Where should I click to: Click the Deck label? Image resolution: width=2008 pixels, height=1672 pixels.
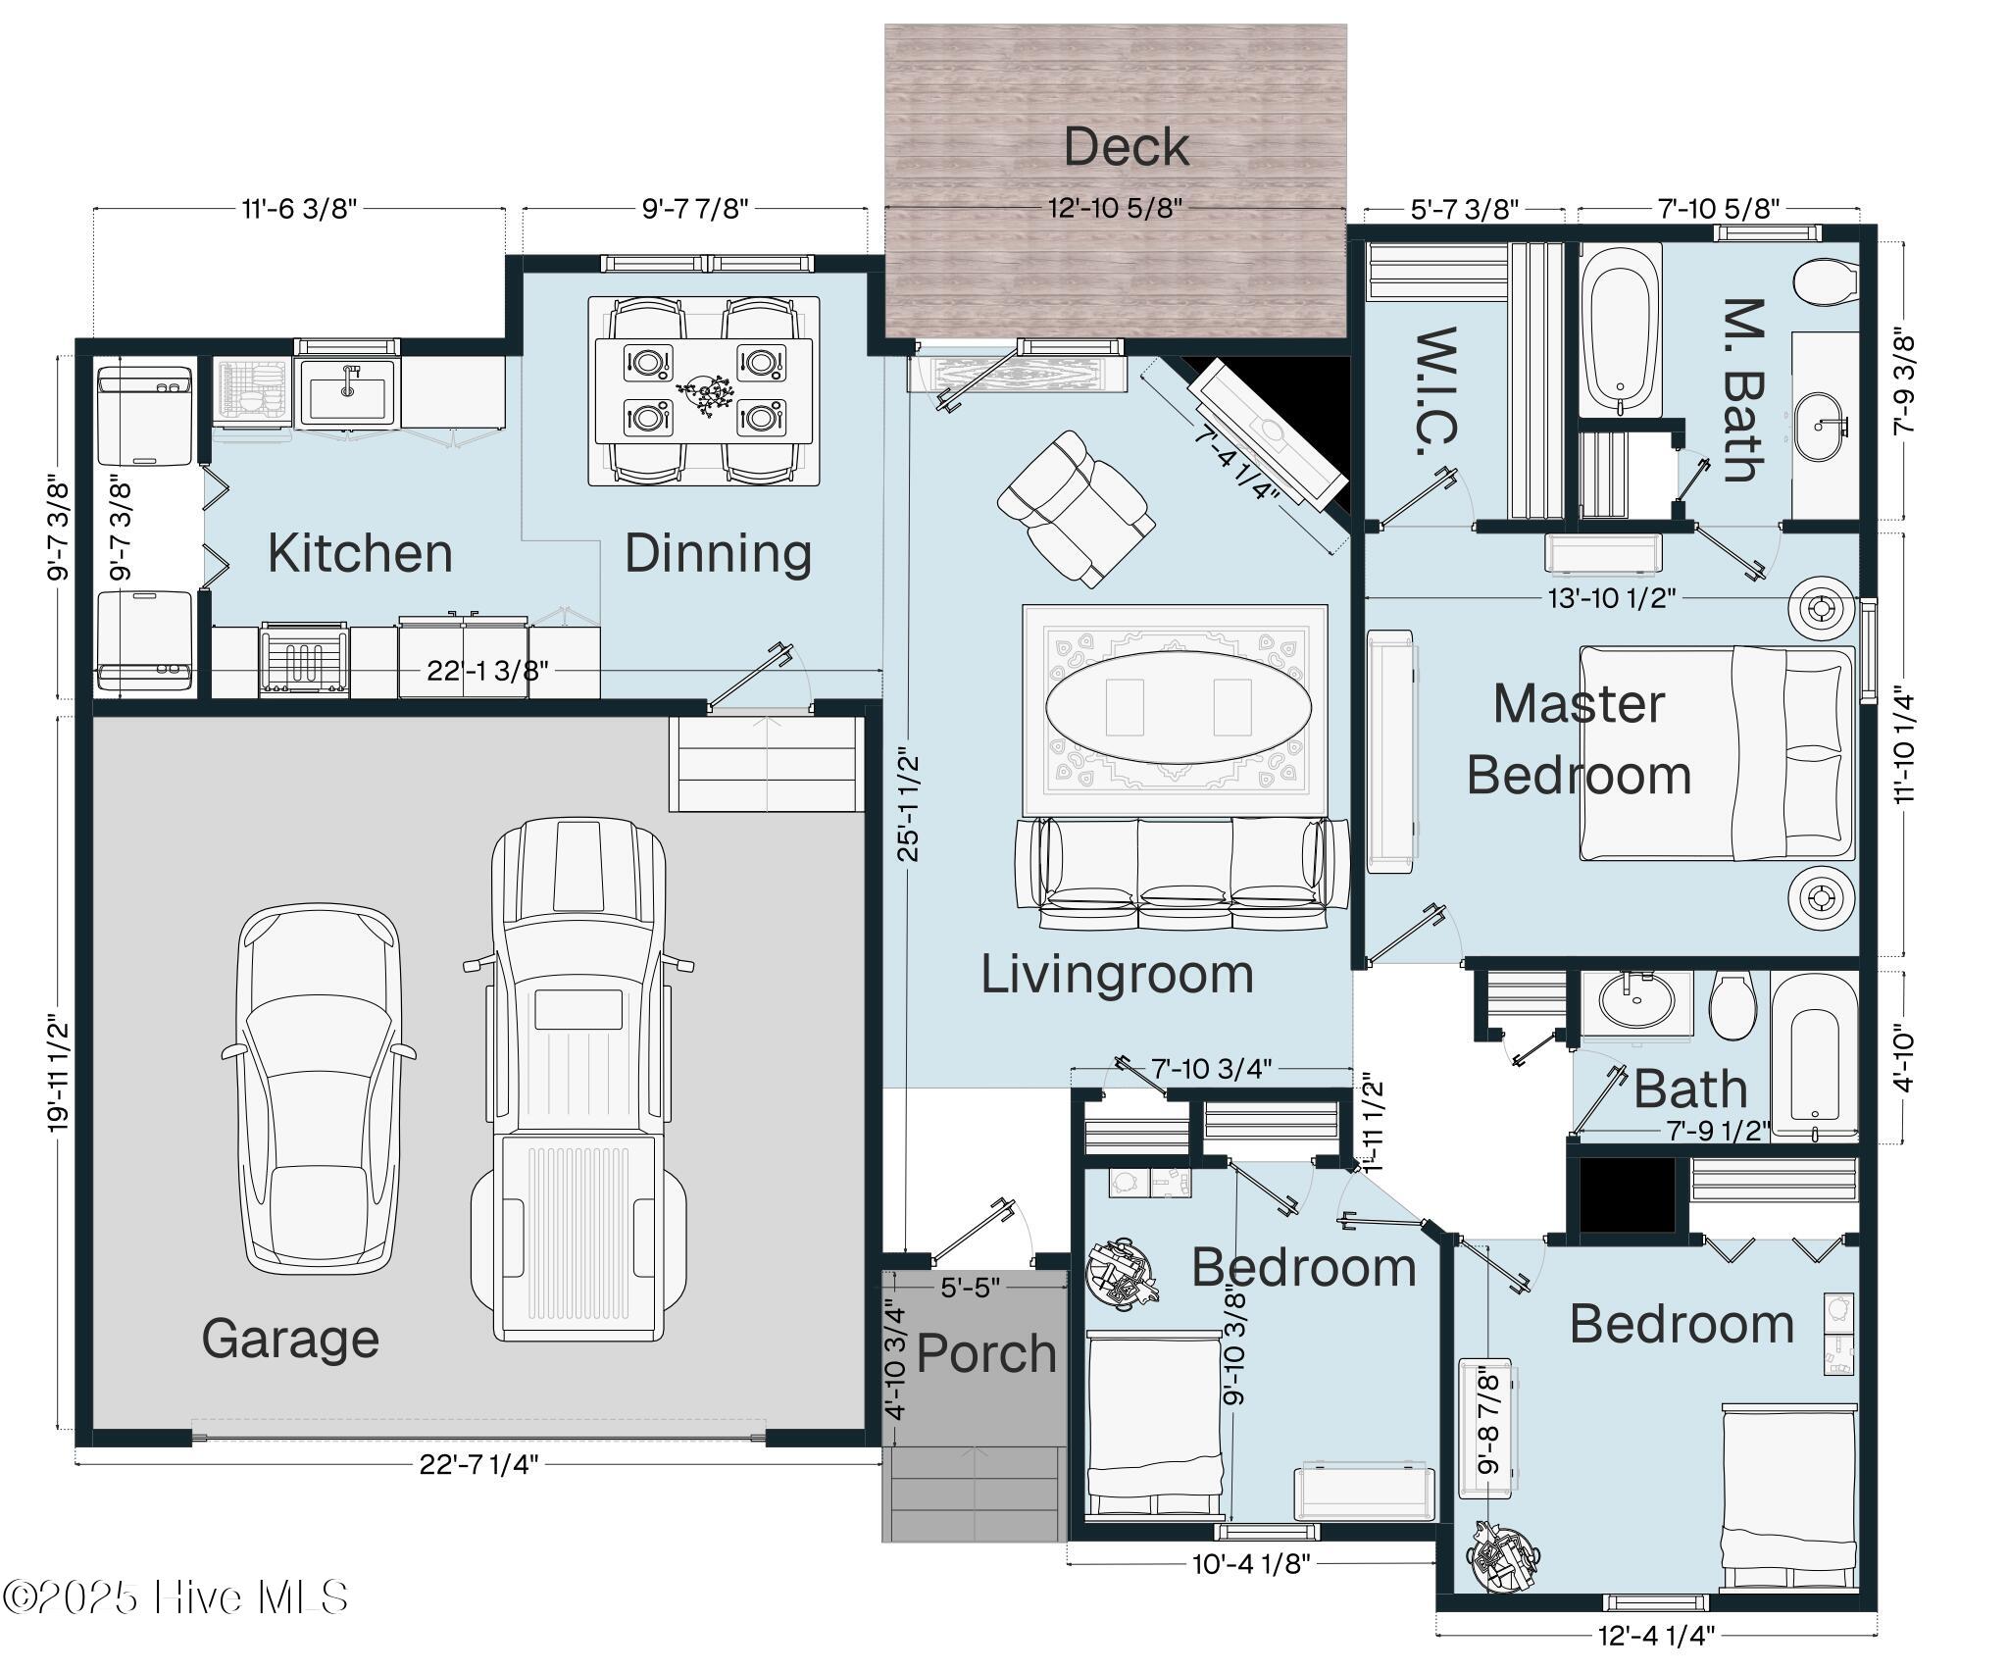1126,147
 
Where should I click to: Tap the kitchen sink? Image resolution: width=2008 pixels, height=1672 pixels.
348,391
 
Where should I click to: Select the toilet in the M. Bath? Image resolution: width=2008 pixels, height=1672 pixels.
1825,282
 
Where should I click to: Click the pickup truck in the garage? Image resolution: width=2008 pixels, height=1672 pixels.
578,1079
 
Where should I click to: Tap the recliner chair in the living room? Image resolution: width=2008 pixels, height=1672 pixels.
1074,508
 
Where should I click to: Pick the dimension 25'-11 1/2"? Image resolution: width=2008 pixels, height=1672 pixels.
910,804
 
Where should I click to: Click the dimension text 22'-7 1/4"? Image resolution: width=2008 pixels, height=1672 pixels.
479,1464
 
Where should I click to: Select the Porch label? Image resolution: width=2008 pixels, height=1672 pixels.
985,1353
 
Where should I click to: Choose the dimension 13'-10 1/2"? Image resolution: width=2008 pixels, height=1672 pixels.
1612,597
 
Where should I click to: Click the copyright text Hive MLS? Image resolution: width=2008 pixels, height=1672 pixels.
176,1597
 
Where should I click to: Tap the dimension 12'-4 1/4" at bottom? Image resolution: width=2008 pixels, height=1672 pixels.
1656,1635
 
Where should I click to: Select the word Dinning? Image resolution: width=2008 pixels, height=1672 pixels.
718,554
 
